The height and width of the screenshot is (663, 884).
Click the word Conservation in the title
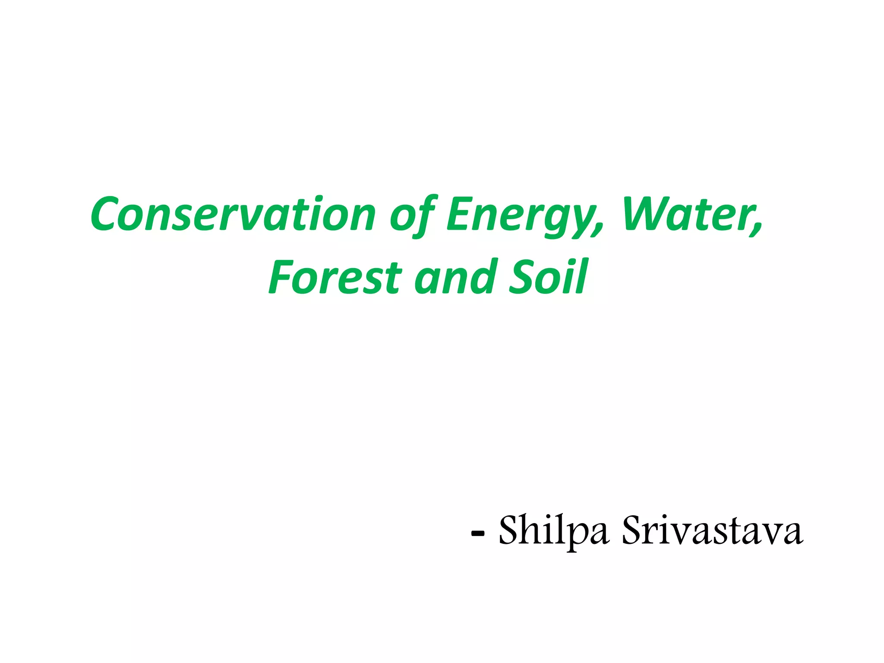tap(233, 215)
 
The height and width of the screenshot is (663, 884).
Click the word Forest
tap(335, 277)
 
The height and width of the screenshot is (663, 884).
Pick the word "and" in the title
tap(455, 277)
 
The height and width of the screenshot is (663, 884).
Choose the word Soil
tap(548, 277)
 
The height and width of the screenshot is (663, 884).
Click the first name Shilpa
tap(554, 530)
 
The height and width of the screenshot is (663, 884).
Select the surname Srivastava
tap(712, 530)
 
